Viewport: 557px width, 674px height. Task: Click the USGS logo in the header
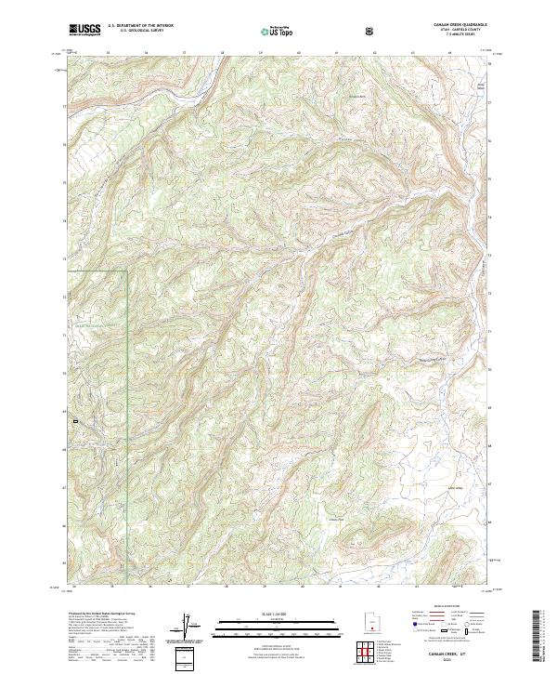point(84,30)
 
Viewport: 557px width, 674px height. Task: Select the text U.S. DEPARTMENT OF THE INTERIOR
point(140,26)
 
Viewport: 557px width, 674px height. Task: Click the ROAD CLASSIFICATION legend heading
point(445,611)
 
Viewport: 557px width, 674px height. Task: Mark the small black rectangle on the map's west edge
point(74,423)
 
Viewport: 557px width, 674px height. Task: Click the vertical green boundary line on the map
point(126,372)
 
